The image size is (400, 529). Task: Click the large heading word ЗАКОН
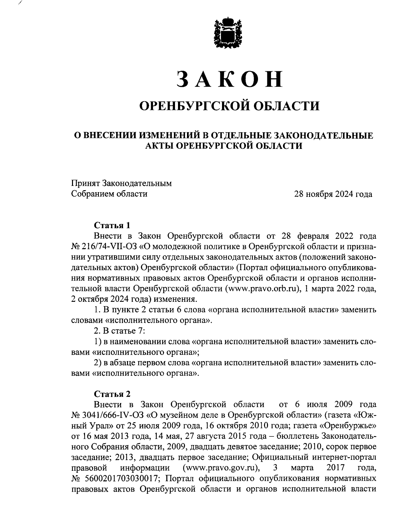229,79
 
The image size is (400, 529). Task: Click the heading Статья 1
112,225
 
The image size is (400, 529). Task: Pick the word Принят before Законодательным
85,183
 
